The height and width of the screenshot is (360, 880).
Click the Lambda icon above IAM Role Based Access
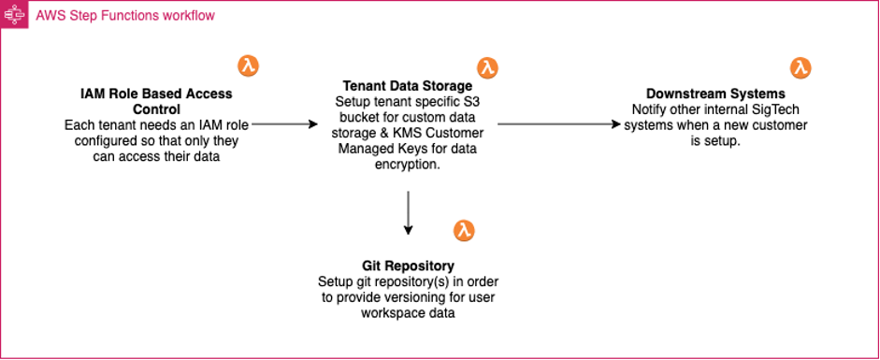248,65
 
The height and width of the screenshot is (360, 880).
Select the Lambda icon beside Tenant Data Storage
487,67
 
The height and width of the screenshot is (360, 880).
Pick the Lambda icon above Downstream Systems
801,67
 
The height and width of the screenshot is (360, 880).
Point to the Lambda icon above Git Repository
464,231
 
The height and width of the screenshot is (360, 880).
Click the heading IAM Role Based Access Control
143,101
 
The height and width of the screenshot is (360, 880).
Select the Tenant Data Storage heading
407,86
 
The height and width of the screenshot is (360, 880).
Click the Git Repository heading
407,266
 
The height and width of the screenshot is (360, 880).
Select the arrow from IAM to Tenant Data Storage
285,123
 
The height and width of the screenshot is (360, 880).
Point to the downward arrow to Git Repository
408,212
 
